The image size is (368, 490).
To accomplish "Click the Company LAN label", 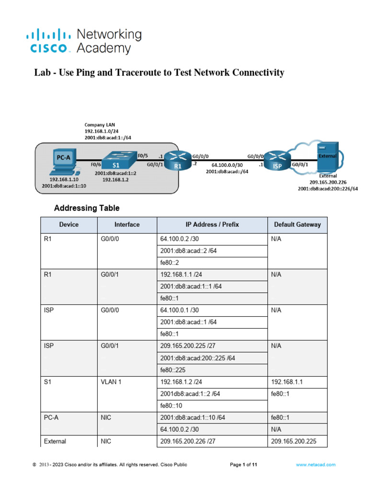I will tap(99, 124).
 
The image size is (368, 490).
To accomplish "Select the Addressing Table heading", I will tap(87, 208).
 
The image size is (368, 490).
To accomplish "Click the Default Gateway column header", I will tap(297, 224).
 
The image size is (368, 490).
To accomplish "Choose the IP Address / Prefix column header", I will tap(212, 224).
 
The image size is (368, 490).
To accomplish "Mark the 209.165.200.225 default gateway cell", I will tap(297, 441).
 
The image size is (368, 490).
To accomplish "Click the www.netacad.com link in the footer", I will tap(315, 465).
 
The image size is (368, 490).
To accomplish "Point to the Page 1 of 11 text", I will tap(244, 465).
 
